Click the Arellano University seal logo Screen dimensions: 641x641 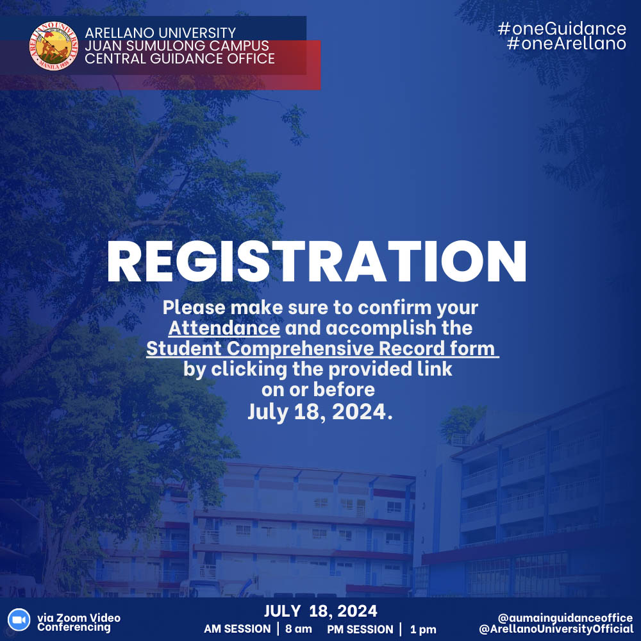click(54, 46)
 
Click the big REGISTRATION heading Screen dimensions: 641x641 click(317, 262)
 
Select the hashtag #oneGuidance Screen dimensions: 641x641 click(562, 29)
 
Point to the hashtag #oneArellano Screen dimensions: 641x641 click(566, 44)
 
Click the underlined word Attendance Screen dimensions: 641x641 click(224, 328)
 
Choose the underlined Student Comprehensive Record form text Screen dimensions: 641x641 click(322, 349)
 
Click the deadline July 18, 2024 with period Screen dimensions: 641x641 click(319, 412)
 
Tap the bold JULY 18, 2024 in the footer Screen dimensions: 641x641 click(320, 610)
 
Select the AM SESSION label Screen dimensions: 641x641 click(237, 629)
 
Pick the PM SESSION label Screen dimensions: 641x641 click(360, 629)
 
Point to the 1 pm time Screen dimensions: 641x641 click(423, 629)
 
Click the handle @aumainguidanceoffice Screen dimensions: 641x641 click(565, 617)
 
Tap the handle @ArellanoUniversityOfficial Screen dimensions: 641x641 click(556, 629)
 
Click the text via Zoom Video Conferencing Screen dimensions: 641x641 click(78, 622)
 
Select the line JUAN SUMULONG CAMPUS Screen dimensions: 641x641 click(177, 46)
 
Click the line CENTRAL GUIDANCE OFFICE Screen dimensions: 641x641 click(179, 59)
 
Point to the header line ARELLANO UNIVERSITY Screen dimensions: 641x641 click(160, 33)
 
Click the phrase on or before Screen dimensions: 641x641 click(318, 390)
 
